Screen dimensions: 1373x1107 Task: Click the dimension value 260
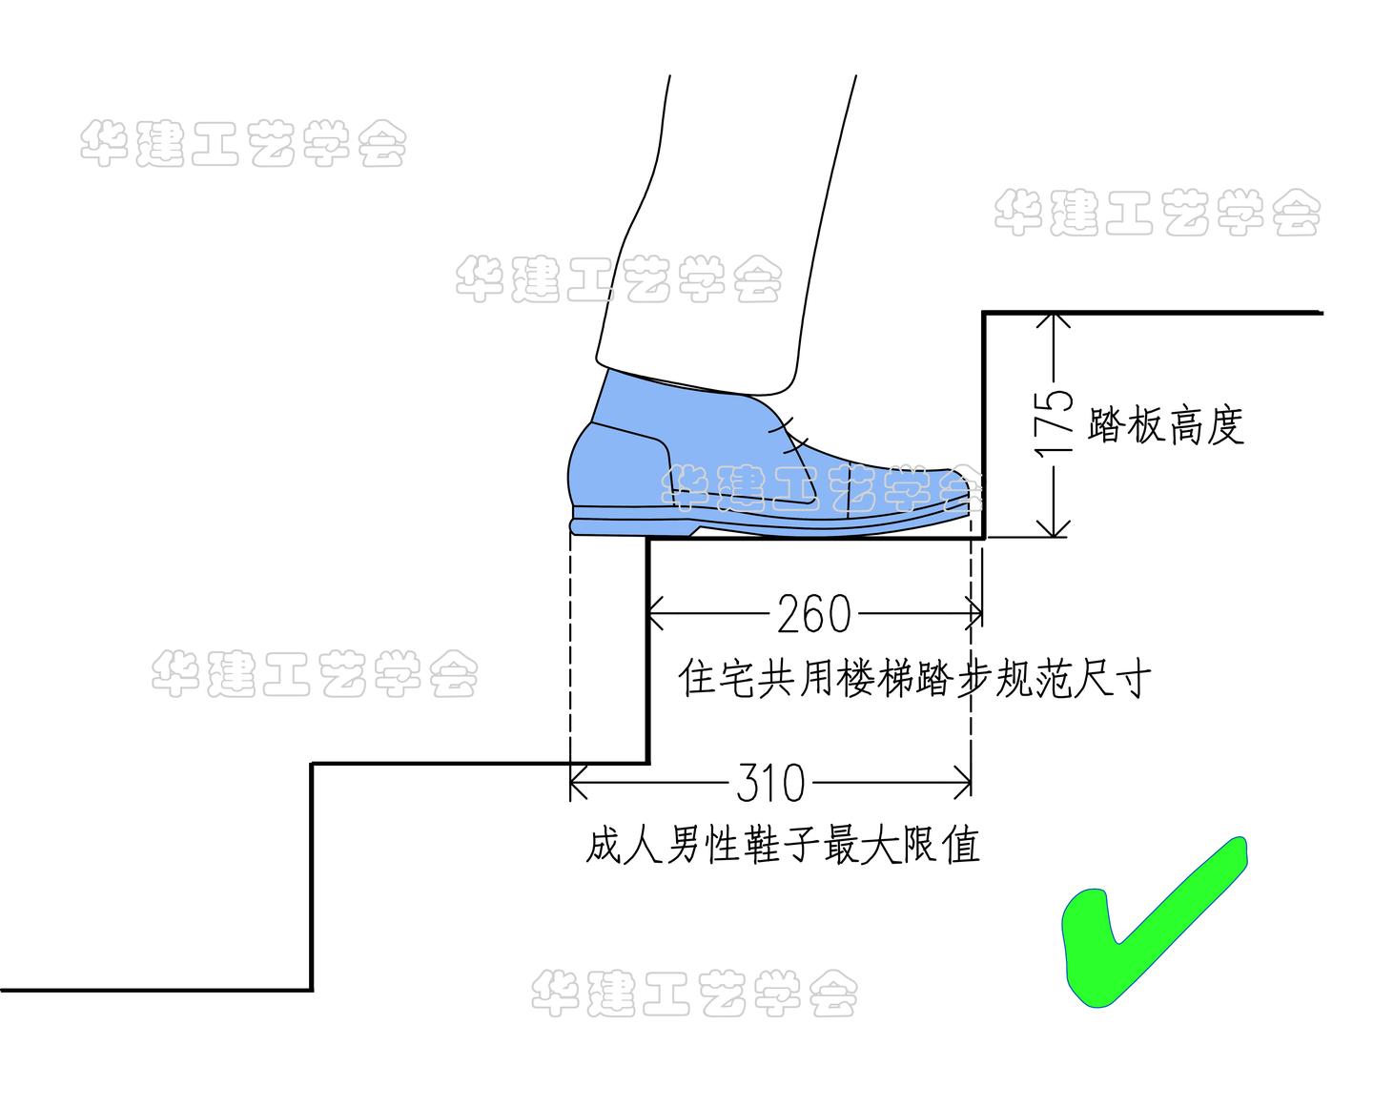coord(813,615)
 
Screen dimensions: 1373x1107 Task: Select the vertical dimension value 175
coord(1053,425)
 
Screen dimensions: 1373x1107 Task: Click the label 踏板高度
coord(1165,425)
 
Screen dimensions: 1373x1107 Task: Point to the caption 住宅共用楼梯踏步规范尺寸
coord(915,679)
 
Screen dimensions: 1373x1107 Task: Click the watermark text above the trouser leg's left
coord(243,145)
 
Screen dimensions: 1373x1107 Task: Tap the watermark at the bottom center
coord(693,994)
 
